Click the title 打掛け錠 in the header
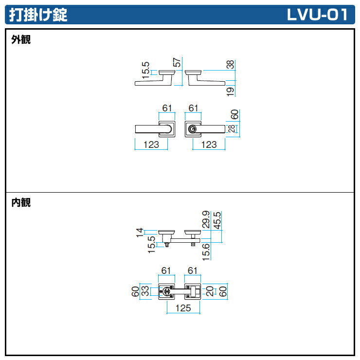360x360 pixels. (37, 15)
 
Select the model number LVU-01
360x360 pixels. (317, 15)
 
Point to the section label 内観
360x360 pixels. (21, 203)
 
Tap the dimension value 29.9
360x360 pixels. (206, 220)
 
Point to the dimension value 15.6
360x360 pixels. (206, 252)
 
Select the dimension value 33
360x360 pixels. (144, 291)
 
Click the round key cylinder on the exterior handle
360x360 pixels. (193, 129)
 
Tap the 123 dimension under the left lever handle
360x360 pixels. (151, 144)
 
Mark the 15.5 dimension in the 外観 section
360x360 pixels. (145, 71)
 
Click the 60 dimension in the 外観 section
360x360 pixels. (234, 115)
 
